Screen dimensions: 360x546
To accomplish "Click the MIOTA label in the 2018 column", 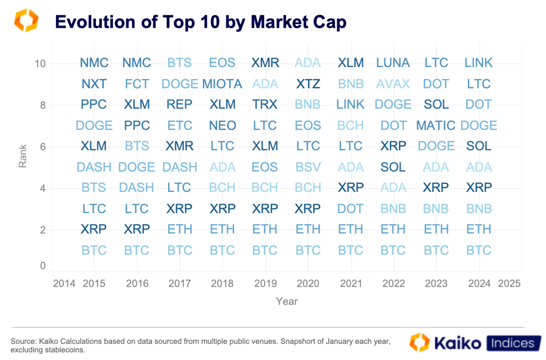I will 222,84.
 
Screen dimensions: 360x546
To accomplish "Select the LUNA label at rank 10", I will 393,63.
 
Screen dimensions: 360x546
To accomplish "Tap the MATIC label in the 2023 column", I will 436,125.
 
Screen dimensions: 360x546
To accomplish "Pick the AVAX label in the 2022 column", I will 393,84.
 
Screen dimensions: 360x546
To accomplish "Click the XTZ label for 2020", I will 308,84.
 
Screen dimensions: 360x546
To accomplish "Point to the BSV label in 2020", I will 308,167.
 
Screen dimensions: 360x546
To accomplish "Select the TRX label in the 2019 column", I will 265,104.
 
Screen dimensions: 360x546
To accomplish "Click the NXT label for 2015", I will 94,84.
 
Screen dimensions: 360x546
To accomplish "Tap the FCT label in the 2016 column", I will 137,84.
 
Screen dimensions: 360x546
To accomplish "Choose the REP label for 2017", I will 179,104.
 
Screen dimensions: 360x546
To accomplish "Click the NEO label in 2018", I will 222,125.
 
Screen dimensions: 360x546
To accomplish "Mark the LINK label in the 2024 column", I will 479,63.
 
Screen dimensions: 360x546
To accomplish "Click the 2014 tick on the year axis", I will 64,283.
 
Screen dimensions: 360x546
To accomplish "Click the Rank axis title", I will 23,156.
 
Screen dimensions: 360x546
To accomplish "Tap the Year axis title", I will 287,301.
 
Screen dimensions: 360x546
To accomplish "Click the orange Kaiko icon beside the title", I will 26,20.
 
